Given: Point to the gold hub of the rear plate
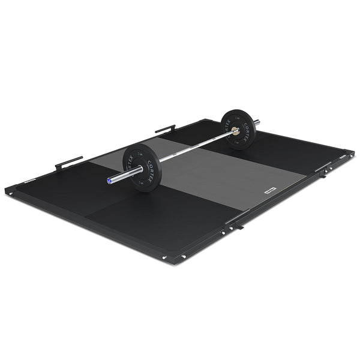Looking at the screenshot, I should [x=235, y=131].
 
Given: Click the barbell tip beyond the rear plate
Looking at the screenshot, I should [x=257, y=122].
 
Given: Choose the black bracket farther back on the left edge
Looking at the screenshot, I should [x=165, y=128].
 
